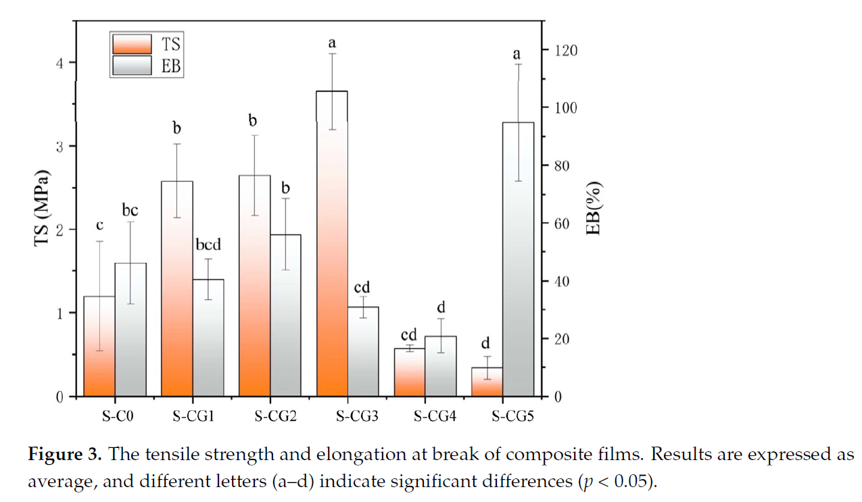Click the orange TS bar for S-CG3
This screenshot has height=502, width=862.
tap(332, 243)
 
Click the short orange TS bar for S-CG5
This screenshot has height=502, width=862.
tap(487, 382)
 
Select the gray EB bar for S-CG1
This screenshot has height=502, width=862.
tap(208, 337)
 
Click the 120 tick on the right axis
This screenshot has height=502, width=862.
tap(567, 51)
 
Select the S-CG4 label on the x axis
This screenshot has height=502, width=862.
tap(435, 416)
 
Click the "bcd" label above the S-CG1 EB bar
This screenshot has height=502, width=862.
tap(207, 245)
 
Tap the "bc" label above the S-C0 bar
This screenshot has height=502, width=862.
tap(130, 210)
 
